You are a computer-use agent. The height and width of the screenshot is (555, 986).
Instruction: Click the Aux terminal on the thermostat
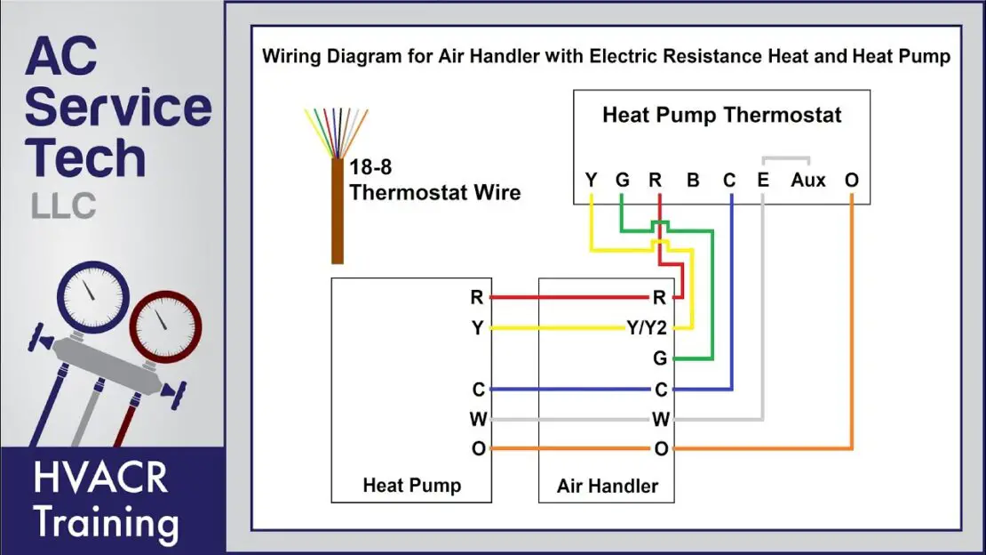[x=807, y=181]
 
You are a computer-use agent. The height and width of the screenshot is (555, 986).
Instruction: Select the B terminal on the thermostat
[x=693, y=181]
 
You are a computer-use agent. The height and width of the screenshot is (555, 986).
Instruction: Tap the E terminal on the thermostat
[x=762, y=181]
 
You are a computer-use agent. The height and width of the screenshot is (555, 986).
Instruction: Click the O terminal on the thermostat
[x=852, y=181]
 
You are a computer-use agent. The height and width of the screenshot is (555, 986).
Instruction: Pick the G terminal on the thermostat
[x=622, y=181]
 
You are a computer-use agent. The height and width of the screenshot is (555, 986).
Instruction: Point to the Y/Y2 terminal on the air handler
[x=646, y=329]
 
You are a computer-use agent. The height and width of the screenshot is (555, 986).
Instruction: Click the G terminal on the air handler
[x=659, y=359]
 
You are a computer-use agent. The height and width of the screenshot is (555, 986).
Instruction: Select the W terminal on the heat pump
[x=478, y=419]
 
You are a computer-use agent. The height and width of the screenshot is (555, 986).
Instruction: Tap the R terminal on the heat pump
[x=478, y=298]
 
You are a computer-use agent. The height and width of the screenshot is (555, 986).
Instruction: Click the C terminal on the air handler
[x=660, y=390]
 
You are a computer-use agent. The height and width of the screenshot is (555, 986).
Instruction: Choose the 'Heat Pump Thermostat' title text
[x=721, y=115]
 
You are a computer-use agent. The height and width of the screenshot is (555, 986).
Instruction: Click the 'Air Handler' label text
[x=608, y=486]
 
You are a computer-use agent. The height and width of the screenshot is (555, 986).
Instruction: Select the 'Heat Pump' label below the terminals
[x=411, y=486]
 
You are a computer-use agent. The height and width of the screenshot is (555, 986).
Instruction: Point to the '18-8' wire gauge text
[x=372, y=167]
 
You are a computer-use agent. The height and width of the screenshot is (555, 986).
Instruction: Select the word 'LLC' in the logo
[x=64, y=206]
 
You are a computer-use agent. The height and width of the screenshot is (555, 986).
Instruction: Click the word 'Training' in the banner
[x=106, y=523]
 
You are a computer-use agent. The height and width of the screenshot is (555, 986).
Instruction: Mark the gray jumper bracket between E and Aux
[x=785, y=161]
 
